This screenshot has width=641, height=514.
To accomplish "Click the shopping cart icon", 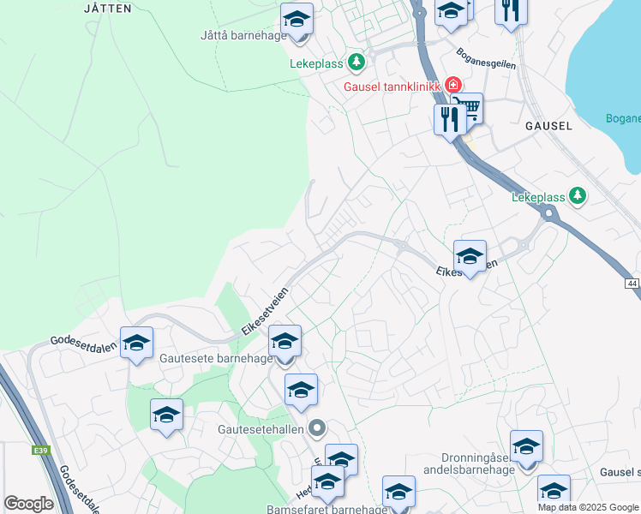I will [469, 109].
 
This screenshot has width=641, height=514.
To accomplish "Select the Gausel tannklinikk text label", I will [391, 86].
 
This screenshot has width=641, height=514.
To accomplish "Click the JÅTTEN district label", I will [109, 8].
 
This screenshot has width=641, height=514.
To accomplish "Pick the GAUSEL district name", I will [548, 125].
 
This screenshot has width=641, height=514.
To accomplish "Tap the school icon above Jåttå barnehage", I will [297, 18].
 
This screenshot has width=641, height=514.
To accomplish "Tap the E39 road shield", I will [40, 450].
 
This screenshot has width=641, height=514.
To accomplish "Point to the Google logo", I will [28, 504].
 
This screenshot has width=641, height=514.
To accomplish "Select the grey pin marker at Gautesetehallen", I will [317, 427].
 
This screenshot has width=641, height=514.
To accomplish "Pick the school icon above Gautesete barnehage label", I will [285, 342].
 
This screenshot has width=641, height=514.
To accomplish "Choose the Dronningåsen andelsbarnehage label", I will [466, 463].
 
